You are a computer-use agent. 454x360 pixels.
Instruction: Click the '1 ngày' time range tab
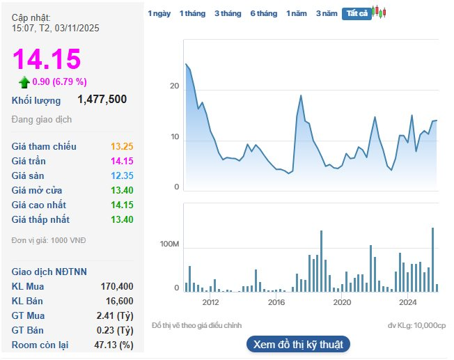tap(159, 13)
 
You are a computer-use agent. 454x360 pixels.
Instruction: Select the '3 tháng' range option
tap(227, 13)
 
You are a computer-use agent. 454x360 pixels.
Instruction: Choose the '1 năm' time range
tap(296, 13)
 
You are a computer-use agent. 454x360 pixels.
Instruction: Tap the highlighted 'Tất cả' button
tap(356, 13)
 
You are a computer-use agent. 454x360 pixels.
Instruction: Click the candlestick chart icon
tap(379, 12)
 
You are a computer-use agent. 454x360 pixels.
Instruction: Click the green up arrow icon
tap(24, 82)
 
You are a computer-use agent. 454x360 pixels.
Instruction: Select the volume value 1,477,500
tap(102, 100)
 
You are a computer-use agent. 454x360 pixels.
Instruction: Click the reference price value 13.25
tap(122, 146)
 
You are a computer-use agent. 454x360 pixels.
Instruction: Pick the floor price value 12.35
tap(122, 175)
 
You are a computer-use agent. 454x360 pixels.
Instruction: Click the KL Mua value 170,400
tap(117, 286)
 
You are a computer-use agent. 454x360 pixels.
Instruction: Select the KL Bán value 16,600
tap(120, 301)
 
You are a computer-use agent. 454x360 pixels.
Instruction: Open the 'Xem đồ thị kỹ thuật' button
tap(297, 345)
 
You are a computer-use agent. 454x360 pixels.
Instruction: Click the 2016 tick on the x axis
tap(276, 302)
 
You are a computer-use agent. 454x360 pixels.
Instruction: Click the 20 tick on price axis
tap(174, 86)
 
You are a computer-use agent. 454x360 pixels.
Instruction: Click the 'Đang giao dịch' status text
tap(42, 120)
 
